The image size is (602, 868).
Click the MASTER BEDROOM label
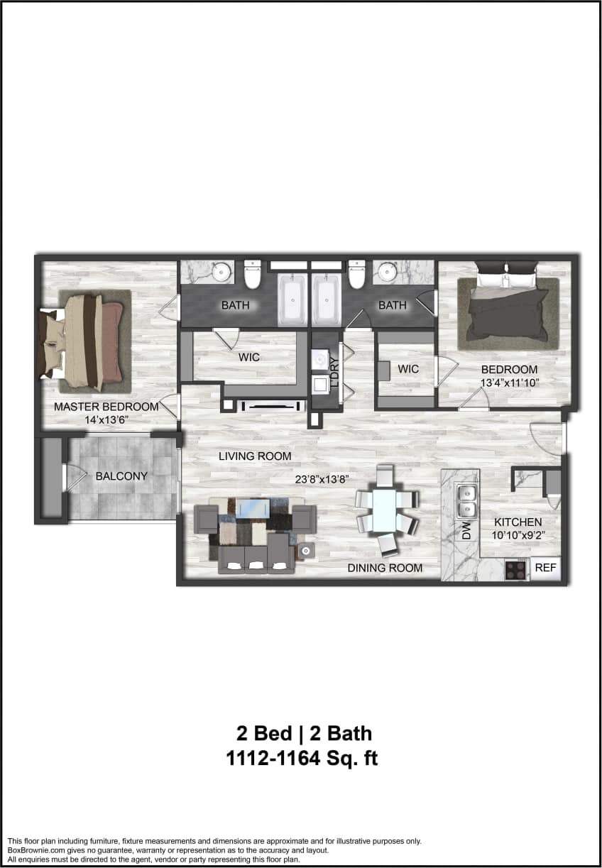pyautogui.click(x=106, y=407)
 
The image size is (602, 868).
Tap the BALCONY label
pyautogui.click(x=121, y=476)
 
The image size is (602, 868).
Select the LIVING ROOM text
pyautogui.click(x=255, y=456)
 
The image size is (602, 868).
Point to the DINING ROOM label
pyautogui.click(x=385, y=568)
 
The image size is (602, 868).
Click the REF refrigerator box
pyautogui.click(x=545, y=568)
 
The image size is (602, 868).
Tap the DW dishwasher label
pyautogui.click(x=466, y=532)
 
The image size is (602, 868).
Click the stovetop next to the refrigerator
pyautogui.click(x=516, y=570)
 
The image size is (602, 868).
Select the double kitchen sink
pyautogui.click(x=466, y=500)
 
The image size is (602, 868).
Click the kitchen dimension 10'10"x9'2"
pyautogui.click(x=518, y=536)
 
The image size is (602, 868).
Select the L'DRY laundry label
pyautogui.click(x=334, y=369)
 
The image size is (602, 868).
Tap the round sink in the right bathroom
pyautogui.click(x=388, y=271)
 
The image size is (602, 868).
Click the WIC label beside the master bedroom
pyautogui.click(x=248, y=357)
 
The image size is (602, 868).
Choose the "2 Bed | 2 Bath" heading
pyautogui.click(x=303, y=732)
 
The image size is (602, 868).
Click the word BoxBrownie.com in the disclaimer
pyautogui.click(x=35, y=850)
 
